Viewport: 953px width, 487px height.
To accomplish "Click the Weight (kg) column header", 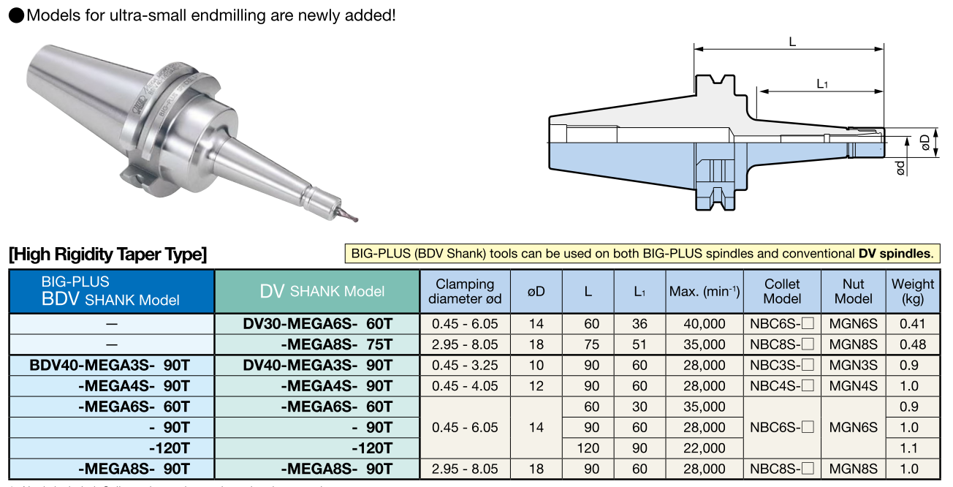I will [913, 291].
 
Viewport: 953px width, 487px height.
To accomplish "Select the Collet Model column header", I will [782, 291].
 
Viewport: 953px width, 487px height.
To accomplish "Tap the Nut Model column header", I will [853, 291].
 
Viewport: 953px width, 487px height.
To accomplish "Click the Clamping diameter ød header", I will [465, 291].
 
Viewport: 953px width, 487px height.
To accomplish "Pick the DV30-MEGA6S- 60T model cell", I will [317, 324].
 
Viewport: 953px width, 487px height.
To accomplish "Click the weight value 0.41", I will [913, 324].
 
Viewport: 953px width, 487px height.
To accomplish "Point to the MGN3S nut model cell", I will [853, 365].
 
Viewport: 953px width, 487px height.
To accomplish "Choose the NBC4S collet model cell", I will [782, 386].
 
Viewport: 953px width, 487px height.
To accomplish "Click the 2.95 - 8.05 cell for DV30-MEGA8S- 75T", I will [465, 344].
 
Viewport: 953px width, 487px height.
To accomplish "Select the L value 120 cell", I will [588, 448].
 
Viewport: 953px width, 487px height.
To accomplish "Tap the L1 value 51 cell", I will [639, 344].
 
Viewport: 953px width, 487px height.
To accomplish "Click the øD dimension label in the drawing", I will [925, 142].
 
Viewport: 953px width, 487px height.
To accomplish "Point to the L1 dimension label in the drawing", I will [822, 83].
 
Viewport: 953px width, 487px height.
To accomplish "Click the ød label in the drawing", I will [900, 167].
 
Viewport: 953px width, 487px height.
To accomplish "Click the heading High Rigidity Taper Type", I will [108, 254].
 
